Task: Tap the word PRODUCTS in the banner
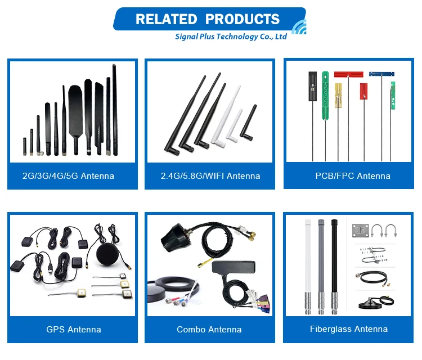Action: pyautogui.click(x=243, y=20)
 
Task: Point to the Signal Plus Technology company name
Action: pyautogui.click(x=231, y=37)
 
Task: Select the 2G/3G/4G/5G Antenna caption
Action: pyautogui.click(x=68, y=176)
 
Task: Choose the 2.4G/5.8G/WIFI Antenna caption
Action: pyautogui.click(x=210, y=176)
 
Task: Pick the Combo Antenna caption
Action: pyautogui.click(x=209, y=329)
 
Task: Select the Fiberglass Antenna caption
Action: pyautogui.click(x=349, y=329)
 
